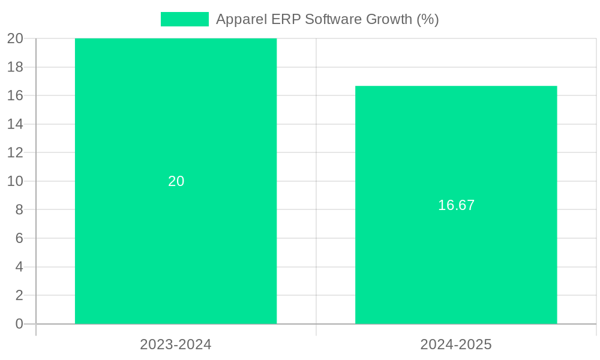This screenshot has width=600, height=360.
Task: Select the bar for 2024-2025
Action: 456,270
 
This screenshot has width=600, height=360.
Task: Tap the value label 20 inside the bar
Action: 176,181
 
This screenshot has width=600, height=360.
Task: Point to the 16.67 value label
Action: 456,205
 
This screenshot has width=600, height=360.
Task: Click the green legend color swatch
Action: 185,19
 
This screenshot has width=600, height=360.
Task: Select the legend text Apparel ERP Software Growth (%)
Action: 327,19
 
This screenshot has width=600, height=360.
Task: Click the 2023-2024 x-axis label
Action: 176,344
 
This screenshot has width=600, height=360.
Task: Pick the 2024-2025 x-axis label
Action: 456,344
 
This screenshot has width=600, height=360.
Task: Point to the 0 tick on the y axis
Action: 19,324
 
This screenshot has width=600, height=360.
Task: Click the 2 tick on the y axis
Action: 19,295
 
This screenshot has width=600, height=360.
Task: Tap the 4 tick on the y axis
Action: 19,267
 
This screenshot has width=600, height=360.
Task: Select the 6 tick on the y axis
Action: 19,238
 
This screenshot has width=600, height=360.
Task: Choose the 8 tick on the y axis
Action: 19,209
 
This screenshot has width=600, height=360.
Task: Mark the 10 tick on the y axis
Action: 16,181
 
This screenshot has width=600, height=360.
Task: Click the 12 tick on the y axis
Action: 16,152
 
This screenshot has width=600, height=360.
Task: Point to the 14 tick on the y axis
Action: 16,124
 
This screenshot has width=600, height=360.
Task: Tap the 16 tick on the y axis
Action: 16,95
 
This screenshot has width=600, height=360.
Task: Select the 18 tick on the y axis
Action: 16,67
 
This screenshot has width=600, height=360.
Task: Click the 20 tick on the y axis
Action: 16,38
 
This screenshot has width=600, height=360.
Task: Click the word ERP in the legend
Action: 288,19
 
